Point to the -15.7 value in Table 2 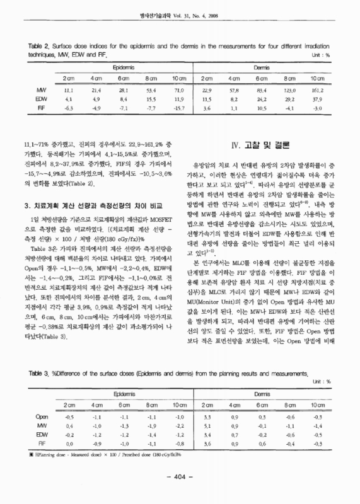(179, 109)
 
